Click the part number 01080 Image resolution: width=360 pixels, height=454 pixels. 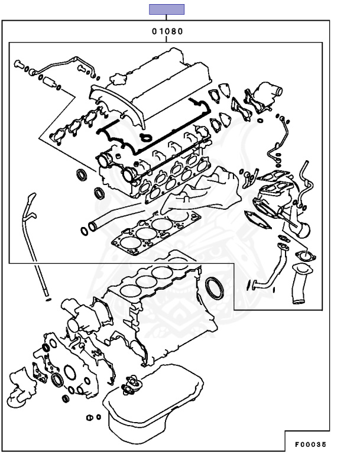[x=166, y=31]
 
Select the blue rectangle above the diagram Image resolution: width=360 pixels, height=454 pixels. [x=166, y=9]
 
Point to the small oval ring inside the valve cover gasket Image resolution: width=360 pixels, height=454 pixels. [x=145, y=138]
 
